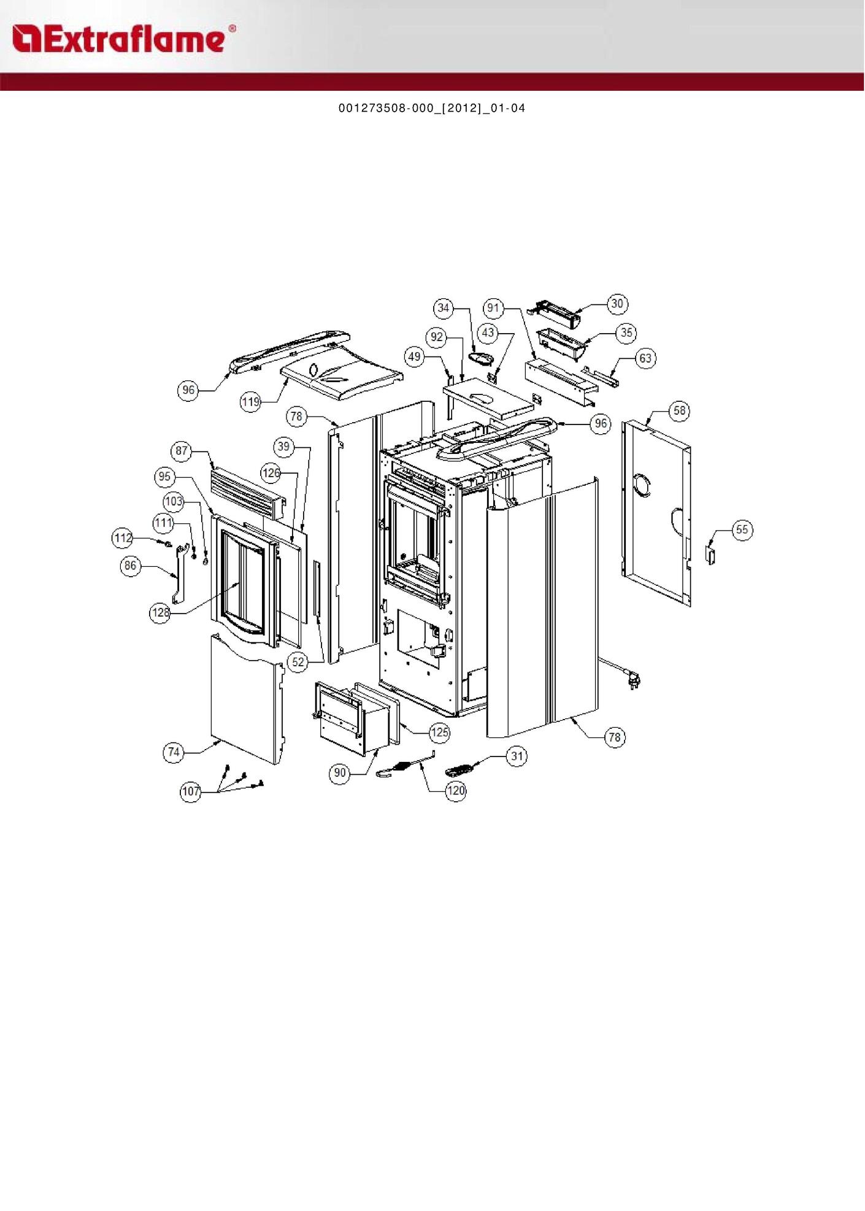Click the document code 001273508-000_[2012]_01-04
(432, 109)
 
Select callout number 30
(617, 304)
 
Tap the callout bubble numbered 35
(626, 333)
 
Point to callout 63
(645, 358)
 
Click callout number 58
(680, 410)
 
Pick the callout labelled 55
(742, 529)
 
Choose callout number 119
(251, 402)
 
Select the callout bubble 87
(182, 451)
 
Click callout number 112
(123, 538)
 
